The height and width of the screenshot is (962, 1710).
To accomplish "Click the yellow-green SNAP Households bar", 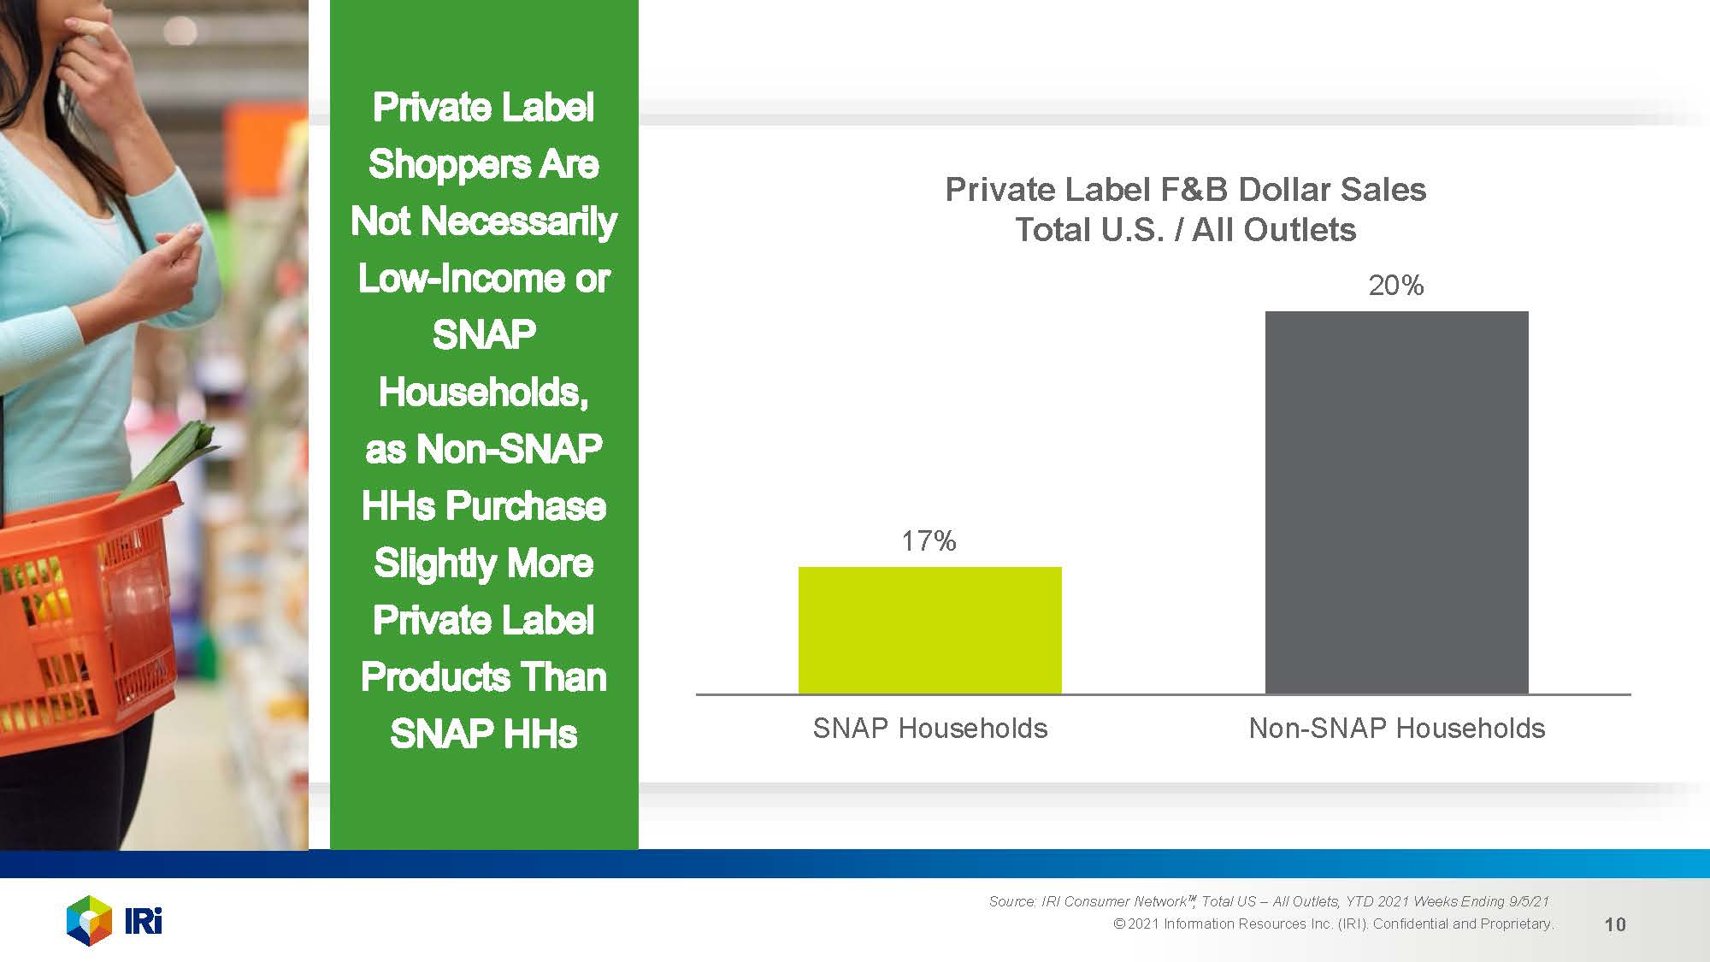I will (x=929, y=630).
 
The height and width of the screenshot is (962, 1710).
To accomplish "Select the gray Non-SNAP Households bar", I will (x=1396, y=502).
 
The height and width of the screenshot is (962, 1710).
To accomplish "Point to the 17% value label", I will (x=929, y=540).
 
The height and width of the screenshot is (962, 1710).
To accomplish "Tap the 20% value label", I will (x=1395, y=285).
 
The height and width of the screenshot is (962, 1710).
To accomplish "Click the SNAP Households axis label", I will (x=929, y=728).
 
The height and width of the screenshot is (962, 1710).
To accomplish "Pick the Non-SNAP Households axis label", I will (x=1396, y=728).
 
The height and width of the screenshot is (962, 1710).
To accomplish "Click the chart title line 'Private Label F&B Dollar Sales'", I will (x=1185, y=189).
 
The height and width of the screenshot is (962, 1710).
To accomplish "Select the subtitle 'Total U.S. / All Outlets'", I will (x=1185, y=229).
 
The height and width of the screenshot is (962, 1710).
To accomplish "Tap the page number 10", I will (x=1614, y=924).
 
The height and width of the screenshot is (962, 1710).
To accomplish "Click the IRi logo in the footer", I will (x=115, y=920).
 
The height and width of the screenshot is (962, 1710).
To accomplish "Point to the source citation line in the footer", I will (x=1268, y=901).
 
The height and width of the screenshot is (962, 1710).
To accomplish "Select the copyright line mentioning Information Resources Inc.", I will (x=1333, y=924).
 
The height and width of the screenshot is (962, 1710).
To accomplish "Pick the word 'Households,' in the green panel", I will (x=483, y=392).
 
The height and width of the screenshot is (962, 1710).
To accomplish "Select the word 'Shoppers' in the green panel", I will (x=447, y=164).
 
